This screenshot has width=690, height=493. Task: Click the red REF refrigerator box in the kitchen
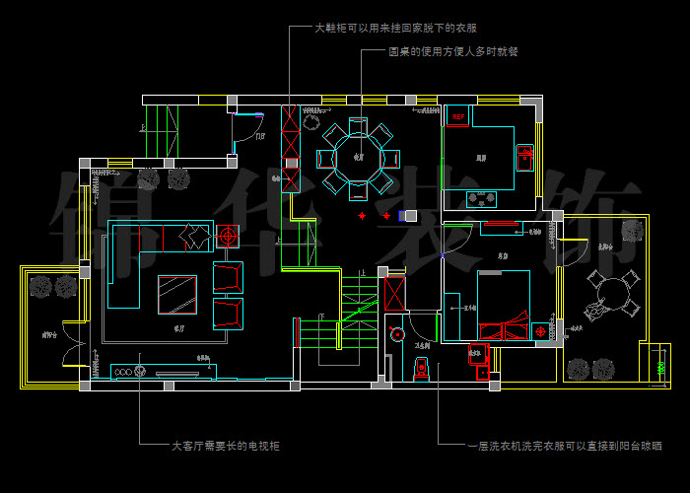point(457,117)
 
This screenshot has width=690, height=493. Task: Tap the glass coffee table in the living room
point(177,294)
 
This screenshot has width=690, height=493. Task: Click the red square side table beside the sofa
point(227,238)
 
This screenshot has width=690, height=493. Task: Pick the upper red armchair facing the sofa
point(228,276)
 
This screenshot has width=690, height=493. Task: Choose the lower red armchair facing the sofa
point(228,313)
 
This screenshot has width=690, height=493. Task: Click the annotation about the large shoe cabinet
point(401,29)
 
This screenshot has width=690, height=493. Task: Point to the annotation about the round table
point(452,51)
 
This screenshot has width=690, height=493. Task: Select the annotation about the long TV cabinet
point(226,446)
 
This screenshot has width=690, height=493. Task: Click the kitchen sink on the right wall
point(524,156)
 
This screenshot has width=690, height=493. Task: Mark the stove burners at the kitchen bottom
point(483,198)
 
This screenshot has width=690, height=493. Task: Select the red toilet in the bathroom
point(421,369)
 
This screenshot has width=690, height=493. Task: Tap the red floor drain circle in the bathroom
point(397,335)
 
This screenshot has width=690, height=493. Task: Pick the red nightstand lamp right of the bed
point(541,332)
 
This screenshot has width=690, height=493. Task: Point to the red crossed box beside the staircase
point(395,293)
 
